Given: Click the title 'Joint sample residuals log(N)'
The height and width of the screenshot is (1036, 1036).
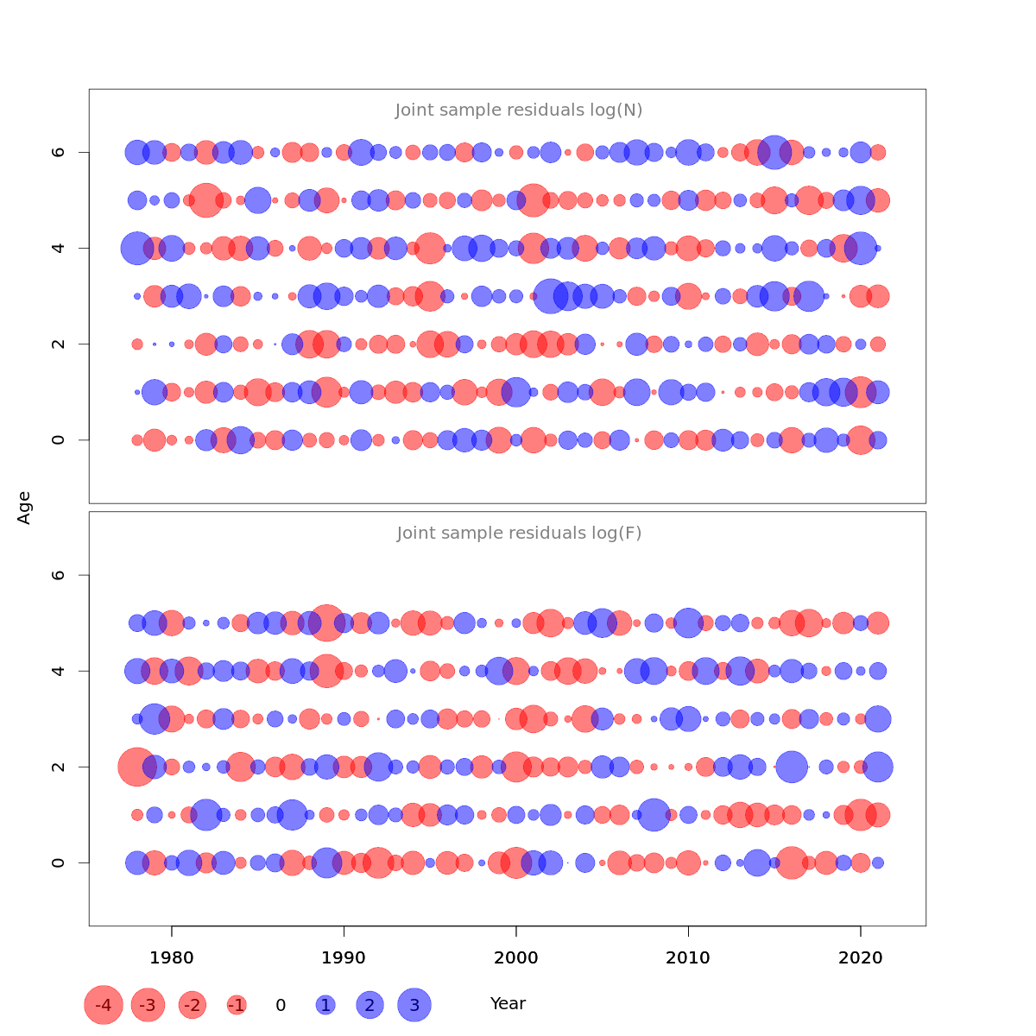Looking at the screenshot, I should pos(519,111).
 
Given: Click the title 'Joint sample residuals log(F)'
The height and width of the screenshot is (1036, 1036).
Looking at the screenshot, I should pos(519,534).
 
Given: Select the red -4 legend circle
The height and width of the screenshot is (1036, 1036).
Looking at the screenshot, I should pos(104,1005).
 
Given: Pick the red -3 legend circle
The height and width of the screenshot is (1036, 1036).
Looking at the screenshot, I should pos(148,1005).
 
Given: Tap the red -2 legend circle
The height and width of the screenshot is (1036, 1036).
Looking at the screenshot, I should pos(192,1005).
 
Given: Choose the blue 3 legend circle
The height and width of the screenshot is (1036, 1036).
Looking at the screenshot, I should pos(414,1005).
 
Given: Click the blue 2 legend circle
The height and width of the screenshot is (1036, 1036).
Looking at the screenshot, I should pos(370,1005).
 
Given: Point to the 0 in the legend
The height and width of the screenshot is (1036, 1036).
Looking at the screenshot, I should pos(281,1005).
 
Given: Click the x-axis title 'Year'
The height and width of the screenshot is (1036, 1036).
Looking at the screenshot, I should pos(508,1004).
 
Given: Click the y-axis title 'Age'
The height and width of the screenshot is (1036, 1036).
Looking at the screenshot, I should pos(25,508).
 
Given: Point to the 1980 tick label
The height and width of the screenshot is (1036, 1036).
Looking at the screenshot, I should pos(172,957).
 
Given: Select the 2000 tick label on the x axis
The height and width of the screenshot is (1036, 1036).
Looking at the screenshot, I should pos(516,957).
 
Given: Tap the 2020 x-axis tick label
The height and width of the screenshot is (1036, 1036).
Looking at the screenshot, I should pos(860,957).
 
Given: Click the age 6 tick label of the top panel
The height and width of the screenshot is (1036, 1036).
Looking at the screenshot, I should pos(59,152).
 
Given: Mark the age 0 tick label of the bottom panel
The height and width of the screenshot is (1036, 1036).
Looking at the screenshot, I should pos(59,862).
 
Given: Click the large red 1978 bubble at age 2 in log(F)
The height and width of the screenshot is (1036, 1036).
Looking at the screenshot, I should pos(136,767).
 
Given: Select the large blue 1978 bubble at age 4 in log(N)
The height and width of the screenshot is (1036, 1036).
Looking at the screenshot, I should pos(136,249).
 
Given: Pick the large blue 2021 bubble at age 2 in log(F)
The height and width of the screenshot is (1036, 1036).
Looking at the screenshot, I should pos(878,767).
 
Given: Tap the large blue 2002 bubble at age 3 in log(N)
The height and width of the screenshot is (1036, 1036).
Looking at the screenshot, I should pos(551,296).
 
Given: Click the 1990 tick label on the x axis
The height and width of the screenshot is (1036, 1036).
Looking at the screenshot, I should pos(344,957).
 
